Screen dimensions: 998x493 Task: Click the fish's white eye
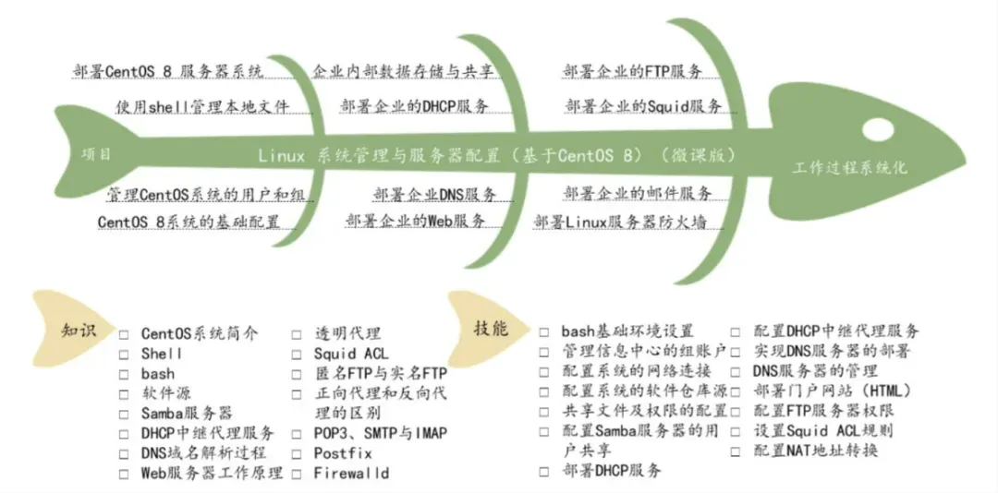(879, 126)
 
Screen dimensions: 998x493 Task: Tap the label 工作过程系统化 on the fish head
(850, 167)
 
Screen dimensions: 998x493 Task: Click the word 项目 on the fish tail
(96, 154)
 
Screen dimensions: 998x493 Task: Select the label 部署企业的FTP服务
(633, 71)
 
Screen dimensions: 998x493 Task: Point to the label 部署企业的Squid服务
(643, 106)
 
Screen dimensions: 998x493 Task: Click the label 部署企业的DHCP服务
(414, 106)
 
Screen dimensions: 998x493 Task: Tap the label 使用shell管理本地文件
(202, 106)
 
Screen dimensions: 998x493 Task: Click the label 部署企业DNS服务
(434, 194)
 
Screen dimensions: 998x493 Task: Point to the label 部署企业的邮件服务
(638, 194)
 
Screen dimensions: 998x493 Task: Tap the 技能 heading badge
(491, 329)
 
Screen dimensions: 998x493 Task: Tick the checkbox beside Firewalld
(297, 474)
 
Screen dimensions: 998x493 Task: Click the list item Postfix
(342, 453)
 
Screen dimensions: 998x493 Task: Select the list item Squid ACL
(350, 354)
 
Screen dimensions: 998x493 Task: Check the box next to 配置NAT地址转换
(736, 451)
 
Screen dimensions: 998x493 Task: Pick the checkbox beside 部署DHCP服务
(544, 471)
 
